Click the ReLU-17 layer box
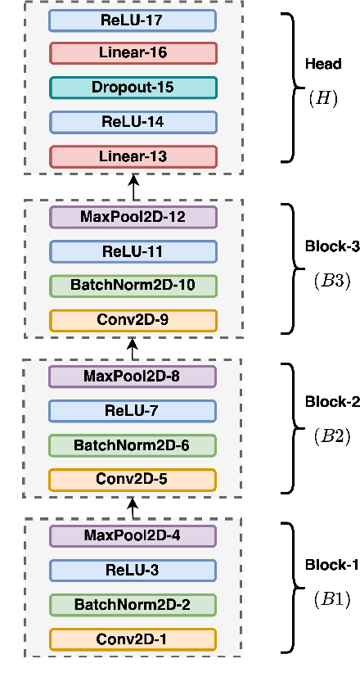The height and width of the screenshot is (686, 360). pos(133,20)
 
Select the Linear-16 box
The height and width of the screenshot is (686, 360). pos(133,53)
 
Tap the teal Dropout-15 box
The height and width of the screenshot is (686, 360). pos(133,88)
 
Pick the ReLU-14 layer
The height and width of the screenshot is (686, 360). pos(133,122)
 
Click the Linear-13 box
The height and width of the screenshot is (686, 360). pos(133,156)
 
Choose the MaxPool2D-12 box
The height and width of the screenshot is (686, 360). pos(133,217)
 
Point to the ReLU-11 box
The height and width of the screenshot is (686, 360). pos(133,251)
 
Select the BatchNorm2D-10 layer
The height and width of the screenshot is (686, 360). pos(133,286)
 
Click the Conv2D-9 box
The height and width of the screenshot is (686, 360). pos(133,320)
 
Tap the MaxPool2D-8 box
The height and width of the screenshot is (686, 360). pos(133,377)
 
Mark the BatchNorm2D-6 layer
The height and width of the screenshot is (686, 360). pos(133,445)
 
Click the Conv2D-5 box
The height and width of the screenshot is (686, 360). pos(133,480)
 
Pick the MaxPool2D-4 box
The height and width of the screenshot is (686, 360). pos(133,535)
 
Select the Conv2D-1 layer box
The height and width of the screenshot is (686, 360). pos(133,639)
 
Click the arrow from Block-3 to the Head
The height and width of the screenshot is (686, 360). pos(133,187)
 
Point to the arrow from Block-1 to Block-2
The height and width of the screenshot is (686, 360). pos(133,508)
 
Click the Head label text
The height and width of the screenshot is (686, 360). pos(322,63)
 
